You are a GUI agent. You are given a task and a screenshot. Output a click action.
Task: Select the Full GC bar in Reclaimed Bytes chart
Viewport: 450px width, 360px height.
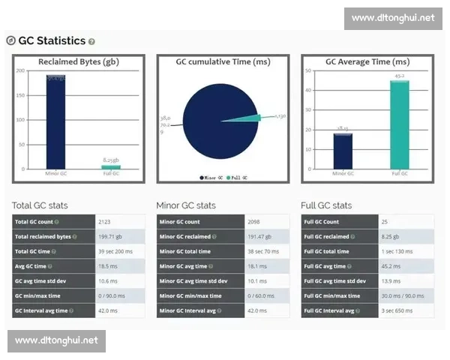110,166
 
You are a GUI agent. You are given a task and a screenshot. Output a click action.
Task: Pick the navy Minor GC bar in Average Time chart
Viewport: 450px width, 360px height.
343,150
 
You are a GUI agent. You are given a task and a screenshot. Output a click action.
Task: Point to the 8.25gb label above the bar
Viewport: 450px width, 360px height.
110,160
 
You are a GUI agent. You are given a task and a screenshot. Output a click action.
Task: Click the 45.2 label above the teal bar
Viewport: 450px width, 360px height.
399,76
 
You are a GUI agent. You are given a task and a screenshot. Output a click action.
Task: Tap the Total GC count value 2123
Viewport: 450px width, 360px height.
106,222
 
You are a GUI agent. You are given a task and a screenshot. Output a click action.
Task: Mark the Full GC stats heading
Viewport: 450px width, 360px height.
326,205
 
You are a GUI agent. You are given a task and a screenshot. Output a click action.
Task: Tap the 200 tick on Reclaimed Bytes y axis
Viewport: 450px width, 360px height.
20,71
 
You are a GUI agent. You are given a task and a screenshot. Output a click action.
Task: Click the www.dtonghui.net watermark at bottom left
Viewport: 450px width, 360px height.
57,340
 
